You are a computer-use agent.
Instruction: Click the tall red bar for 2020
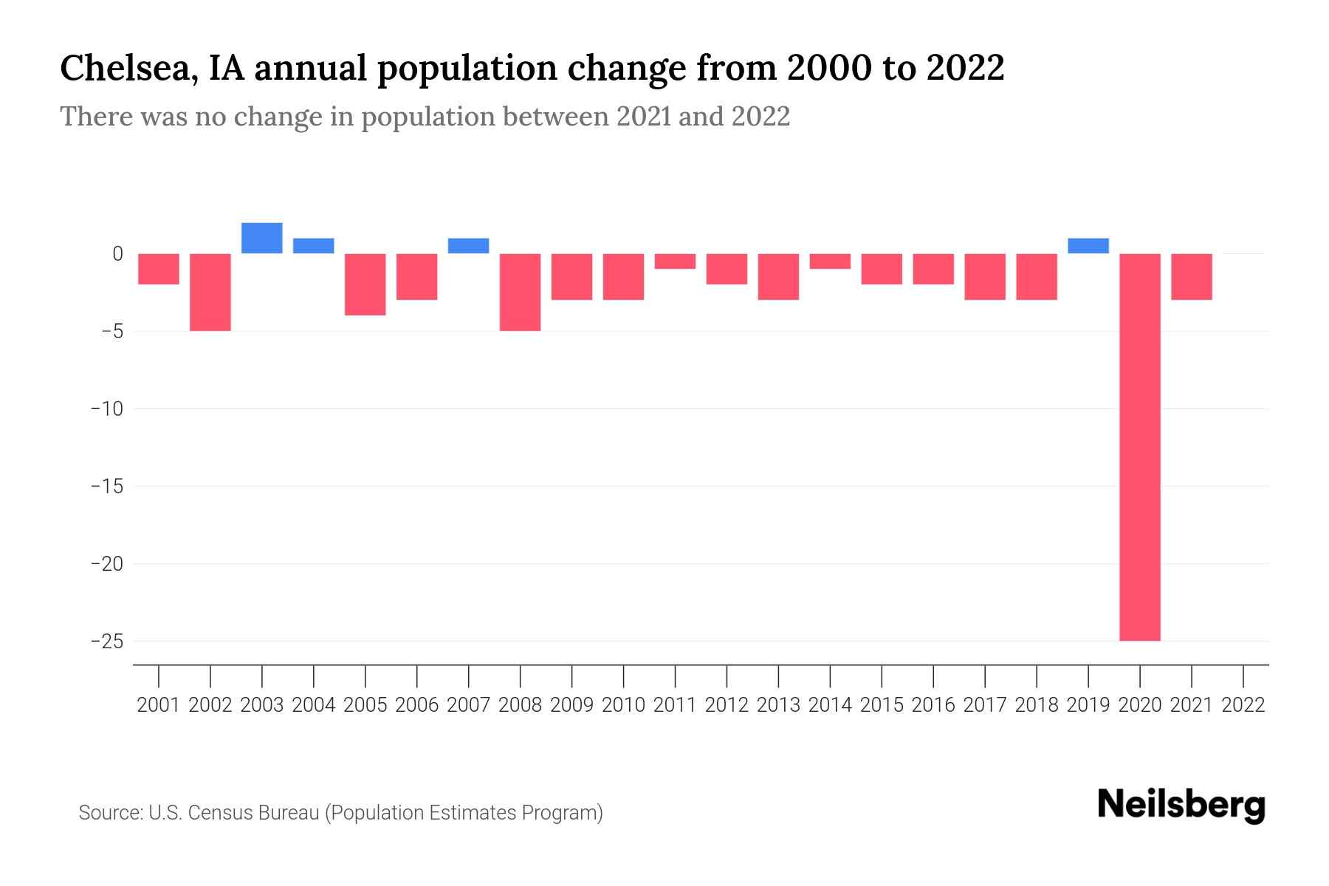point(1139,447)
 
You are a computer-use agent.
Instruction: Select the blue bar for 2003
point(262,238)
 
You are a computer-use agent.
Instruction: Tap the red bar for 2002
point(210,292)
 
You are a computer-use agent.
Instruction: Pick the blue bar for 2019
point(1088,246)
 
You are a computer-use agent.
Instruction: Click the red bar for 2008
point(521,292)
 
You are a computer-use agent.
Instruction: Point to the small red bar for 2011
point(675,261)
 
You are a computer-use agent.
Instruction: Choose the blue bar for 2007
point(469,246)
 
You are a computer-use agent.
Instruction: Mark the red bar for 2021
point(1191,277)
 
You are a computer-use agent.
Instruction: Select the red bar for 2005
point(365,284)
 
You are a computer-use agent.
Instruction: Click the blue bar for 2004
point(314,246)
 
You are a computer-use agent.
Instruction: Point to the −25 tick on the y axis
point(106,641)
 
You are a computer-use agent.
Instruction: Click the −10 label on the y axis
point(106,408)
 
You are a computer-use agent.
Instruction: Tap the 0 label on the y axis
point(117,254)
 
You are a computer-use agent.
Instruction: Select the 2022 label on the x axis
point(1243,705)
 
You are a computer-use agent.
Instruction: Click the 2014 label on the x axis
point(830,705)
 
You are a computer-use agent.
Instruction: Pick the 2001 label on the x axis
point(159,705)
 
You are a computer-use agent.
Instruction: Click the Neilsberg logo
point(1181,806)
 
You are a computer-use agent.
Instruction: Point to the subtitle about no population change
point(425,117)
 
